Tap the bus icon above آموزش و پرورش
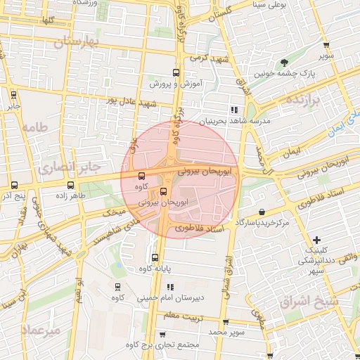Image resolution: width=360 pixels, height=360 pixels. click(176, 72)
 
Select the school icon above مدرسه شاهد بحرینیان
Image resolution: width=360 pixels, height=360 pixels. click(234, 110)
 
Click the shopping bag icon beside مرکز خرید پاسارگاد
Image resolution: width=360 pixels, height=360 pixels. click(262, 212)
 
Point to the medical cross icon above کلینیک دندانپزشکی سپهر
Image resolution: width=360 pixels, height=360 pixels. click(316, 240)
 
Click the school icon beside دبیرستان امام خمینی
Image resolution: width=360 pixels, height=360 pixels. click(169, 287)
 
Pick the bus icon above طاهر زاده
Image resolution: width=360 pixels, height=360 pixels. click(70, 185)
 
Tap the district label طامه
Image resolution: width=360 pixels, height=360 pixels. click(34, 127)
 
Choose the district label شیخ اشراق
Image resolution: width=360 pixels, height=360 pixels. click(309, 302)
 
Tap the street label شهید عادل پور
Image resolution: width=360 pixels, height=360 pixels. click(131, 101)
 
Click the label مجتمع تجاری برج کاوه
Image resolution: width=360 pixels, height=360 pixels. click(162, 345)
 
